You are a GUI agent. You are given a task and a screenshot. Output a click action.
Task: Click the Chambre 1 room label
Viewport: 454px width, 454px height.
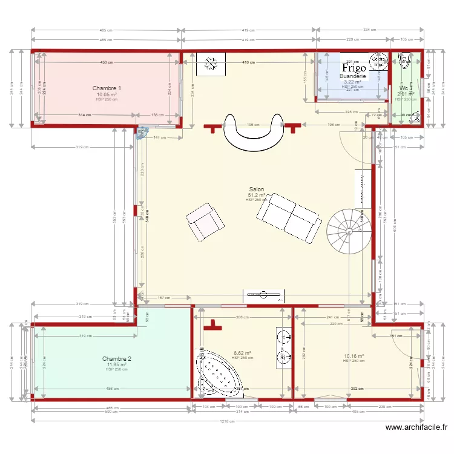pyautogui.click(x=107, y=88)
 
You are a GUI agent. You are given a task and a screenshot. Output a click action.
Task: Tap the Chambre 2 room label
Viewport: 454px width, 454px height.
pyautogui.click(x=117, y=358)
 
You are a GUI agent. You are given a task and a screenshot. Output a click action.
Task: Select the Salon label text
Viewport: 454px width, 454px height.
pyautogui.click(x=256, y=189)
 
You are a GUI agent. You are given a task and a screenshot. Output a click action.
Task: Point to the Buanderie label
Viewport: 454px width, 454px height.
pyautogui.click(x=353, y=77)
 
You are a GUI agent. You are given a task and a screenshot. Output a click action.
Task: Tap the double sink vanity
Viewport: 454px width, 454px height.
pyautogui.click(x=283, y=348)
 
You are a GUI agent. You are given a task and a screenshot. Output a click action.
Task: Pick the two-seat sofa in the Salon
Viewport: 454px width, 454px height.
pyautogui.click(x=288, y=216)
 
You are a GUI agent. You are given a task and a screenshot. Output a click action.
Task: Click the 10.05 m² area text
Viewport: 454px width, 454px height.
pyautogui.click(x=107, y=94)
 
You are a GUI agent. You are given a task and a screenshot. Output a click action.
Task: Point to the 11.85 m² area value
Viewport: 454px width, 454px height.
pyautogui.click(x=117, y=364)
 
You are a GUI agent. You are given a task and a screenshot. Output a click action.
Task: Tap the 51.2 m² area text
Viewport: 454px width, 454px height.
pyautogui.click(x=257, y=195)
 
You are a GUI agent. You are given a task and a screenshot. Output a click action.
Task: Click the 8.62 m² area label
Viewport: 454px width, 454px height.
pyautogui.click(x=242, y=353)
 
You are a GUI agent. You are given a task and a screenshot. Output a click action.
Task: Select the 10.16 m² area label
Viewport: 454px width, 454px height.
pyautogui.click(x=354, y=356)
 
